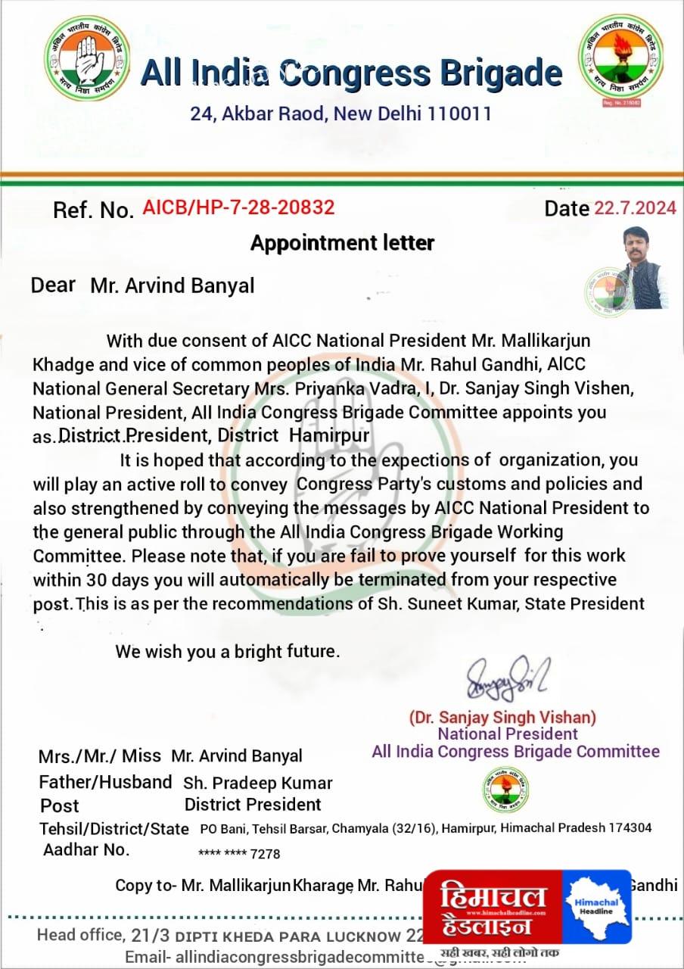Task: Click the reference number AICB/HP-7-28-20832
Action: coord(238,207)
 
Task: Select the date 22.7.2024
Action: coord(635,208)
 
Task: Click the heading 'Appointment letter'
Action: coord(342,243)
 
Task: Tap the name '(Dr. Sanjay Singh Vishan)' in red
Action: coord(502,716)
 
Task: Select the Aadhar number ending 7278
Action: coord(239,854)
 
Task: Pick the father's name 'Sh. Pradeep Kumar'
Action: coord(258,783)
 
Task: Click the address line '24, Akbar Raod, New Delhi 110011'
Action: coord(340,114)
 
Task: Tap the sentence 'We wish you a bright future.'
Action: coord(228,651)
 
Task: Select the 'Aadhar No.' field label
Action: coord(86,849)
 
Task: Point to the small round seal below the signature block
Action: coord(506,790)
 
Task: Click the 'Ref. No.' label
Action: coord(93,210)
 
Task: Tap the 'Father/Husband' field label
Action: coord(106,782)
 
